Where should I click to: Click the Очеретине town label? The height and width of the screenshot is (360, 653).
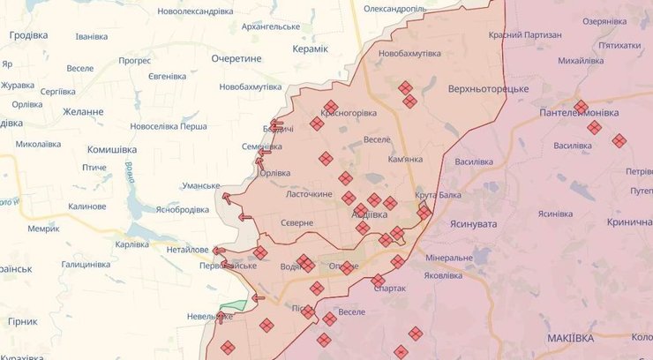point(236,58)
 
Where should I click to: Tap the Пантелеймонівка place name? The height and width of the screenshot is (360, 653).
point(580,115)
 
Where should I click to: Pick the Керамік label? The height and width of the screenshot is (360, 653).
point(310,49)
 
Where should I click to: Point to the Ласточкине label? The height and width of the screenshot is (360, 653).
point(308,194)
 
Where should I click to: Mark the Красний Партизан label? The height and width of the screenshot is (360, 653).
point(525,34)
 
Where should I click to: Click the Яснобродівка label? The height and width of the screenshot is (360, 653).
point(188,210)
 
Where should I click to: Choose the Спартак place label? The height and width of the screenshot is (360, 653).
point(390,289)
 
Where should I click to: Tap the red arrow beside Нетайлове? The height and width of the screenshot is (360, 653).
point(218,251)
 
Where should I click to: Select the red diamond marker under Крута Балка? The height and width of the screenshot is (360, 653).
point(424,212)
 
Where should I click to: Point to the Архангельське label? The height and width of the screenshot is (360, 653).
point(271,27)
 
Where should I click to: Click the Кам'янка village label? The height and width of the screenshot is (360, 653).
point(405,160)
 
